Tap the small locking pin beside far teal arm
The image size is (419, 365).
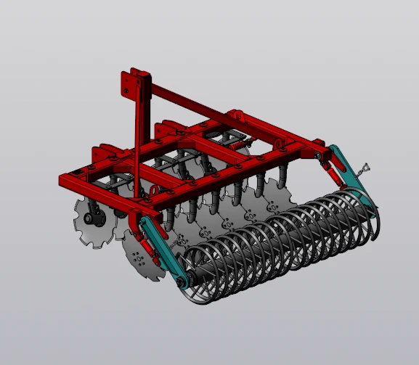[365, 170]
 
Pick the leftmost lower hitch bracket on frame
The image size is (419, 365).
[99, 156]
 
